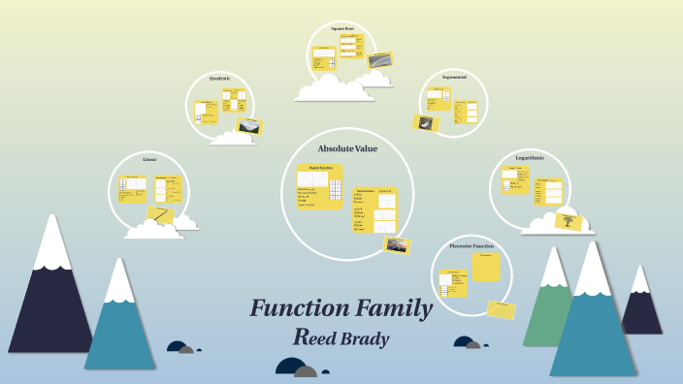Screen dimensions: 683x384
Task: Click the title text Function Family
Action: (341, 309)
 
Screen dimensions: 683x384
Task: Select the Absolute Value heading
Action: (347, 148)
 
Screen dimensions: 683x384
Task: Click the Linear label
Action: (149, 158)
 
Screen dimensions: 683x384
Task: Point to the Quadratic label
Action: (219, 78)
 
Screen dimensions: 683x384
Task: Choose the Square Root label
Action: (341, 29)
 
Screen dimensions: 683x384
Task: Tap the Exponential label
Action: (454, 76)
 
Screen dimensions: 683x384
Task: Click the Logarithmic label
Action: (530, 157)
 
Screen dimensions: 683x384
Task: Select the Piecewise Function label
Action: (472, 246)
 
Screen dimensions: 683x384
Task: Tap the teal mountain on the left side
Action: (119, 330)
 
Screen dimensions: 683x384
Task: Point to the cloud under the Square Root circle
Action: (334, 89)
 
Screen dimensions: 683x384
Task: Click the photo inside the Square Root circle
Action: (379, 60)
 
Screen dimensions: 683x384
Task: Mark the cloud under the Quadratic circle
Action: (232, 138)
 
